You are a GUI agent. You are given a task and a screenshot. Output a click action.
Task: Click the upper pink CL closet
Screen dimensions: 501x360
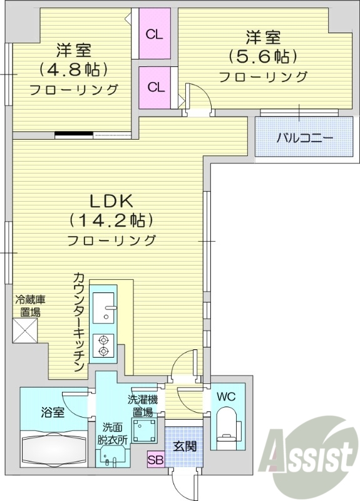(155, 34)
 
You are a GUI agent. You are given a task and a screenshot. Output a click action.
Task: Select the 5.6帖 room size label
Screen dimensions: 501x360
(262, 56)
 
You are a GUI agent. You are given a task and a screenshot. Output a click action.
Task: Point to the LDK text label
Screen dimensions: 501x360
(111, 201)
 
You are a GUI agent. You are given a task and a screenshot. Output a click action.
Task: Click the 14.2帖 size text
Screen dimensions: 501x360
(111, 220)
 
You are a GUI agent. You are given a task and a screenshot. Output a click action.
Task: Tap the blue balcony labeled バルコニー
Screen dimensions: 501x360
(305, 138)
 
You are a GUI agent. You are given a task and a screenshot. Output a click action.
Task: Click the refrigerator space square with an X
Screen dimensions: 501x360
(26, 331)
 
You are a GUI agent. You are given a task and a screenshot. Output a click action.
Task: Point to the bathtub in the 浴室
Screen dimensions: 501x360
(55, 448)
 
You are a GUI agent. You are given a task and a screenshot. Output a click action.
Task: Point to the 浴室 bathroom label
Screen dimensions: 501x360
(53, 412)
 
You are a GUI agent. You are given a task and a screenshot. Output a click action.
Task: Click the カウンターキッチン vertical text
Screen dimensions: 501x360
(79, 323)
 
